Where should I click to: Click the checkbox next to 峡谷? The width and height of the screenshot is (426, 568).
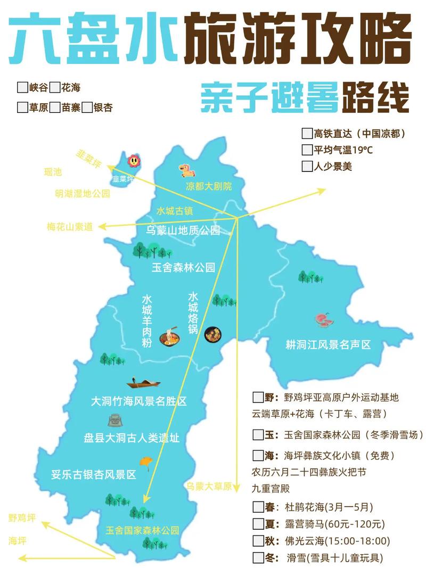click(x=22, y=87)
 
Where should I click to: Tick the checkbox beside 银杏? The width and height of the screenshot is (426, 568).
click(x=86, y=108)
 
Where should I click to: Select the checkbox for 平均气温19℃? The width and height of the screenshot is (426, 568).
click(x=307, y=150)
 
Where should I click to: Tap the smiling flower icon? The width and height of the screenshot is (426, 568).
click(x=133, y=160)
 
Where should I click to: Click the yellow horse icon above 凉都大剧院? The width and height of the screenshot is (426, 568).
click(x=187, y=170)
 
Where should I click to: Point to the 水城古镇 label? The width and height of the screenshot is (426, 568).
click(x=175, y=211)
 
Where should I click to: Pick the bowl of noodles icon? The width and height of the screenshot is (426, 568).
click(x=169, y=338)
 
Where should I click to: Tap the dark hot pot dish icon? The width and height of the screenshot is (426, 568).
click(x=213, y=335)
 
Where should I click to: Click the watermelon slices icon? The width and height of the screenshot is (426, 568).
click(x=322, y=319)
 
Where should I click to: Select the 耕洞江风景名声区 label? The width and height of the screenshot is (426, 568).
click(x=328, y=345)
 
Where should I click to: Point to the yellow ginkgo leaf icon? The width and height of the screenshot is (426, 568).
click(x=144, y=461)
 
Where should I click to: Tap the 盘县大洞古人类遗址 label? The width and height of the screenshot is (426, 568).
click(x=131, y=438)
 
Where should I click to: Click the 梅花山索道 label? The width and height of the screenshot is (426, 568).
click(x=70, y=227)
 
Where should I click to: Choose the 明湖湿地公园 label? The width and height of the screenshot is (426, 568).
click(x=83, y=194)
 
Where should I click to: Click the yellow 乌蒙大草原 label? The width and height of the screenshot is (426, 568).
click(x=210, y=486)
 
